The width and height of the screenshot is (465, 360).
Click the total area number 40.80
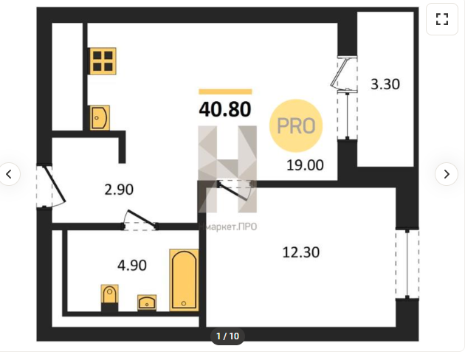point(225,109)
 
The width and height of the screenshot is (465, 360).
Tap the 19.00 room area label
point(305,165)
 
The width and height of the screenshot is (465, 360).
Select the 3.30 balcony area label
point(385,84)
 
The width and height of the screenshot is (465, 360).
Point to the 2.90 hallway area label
point(119,190)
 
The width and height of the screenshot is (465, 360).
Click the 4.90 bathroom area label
point(132,265)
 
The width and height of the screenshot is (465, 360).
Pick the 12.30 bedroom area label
point(301,252)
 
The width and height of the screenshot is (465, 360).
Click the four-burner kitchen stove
point(103,61)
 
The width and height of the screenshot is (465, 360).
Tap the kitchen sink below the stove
point(100,117)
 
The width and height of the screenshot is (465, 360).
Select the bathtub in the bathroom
point(184,280)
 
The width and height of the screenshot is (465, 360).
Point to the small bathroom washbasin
point(147,302)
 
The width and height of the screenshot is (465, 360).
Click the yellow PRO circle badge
point(296,125)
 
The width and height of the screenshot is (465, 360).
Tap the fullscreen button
point(442,19)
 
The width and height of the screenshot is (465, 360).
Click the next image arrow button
point(447,174)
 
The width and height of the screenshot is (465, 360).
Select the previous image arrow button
point(9,174)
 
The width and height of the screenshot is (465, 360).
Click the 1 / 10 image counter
point(227,336)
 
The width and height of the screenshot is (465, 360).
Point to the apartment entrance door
point(51,186)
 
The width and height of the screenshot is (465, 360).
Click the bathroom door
point(139,221)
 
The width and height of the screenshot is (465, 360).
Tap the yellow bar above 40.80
point(225,91)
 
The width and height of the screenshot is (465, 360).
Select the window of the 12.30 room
point(407,263)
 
